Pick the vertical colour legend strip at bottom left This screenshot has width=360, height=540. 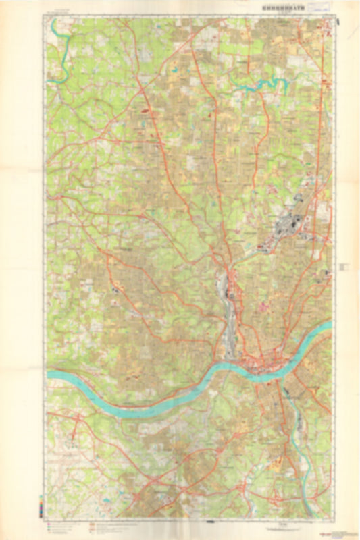[x=43, y=506]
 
